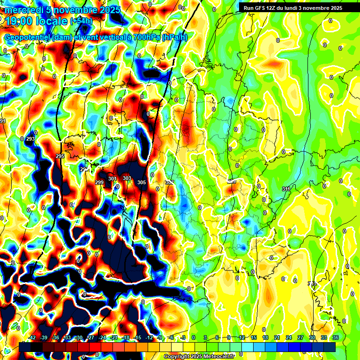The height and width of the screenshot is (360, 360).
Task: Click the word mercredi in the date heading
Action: point(24,10)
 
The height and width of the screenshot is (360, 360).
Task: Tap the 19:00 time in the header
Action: point(21,21)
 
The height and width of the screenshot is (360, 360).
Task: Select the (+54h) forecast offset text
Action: point(81,21)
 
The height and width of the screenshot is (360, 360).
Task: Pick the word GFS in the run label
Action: point(261,8)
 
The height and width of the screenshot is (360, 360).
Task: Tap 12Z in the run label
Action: point(274,8)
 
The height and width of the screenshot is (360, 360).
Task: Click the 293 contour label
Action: point(30,139)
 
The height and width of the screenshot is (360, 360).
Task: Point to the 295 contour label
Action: point(60,156)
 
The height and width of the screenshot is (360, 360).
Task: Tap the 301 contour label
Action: point(112,179)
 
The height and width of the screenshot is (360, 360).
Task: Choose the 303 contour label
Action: point(127,179)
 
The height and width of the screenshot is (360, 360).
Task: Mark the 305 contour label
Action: point(142,182)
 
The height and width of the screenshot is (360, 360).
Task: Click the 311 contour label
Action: point(286,189)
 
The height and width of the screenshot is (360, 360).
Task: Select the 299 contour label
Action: point(99,182)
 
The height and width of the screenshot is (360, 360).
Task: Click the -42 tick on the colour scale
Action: point(32,337)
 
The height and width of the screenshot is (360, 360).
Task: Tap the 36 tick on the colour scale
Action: point(336,337)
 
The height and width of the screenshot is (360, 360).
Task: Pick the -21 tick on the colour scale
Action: point(114,337)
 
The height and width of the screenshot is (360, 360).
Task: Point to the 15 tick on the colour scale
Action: point(253,337)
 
